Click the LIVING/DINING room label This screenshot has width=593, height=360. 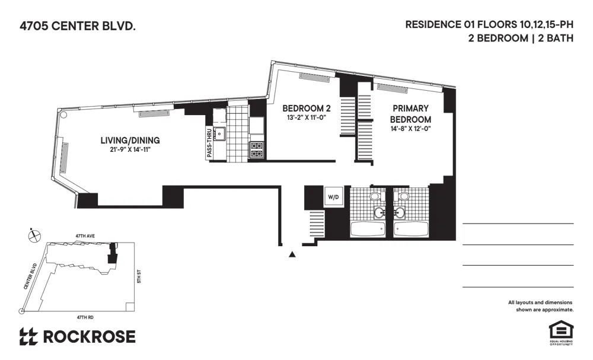(130, 140)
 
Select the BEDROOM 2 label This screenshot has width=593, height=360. (306, 109)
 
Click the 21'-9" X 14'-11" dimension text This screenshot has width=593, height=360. (130, 149)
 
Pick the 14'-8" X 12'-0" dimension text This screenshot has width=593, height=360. (410, 129)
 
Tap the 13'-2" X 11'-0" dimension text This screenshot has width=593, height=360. (306, 117)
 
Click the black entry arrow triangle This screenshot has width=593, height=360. (292, 254)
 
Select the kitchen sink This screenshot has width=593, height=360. (220, 133)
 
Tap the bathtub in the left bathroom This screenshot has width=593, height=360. (368, 228)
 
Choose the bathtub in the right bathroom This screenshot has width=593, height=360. (410, 228)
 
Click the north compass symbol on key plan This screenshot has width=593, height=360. (34, 235)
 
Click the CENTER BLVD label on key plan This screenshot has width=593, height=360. (31, 276)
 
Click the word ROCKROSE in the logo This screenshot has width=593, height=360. (89, 337)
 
